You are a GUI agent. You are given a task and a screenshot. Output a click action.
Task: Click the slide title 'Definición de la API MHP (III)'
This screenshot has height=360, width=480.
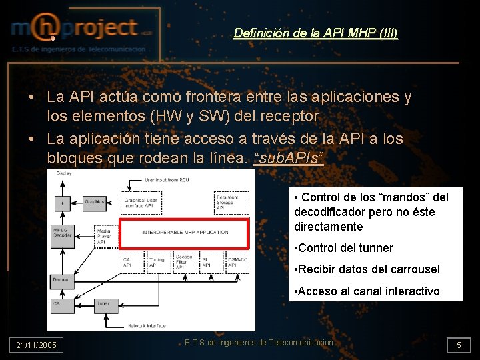315,33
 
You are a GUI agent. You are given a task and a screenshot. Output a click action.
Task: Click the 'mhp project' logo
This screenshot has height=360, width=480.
80,29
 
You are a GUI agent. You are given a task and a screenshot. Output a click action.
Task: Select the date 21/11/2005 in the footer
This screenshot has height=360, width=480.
37,345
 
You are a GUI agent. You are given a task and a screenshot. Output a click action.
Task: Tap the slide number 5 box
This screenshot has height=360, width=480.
459,345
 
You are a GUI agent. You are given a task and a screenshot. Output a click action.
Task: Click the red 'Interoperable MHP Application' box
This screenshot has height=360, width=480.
184,232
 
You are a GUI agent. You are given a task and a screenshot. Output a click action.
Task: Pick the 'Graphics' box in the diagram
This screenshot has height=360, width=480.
95,201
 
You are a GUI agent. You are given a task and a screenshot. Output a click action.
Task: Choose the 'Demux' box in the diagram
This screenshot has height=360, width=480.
61,280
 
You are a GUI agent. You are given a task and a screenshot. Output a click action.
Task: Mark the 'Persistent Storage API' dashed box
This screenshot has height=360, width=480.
231,202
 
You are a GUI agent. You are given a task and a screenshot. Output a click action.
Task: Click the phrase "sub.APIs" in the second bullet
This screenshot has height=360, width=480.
289,157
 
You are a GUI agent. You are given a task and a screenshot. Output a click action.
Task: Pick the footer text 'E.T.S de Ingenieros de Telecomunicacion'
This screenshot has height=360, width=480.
259,343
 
